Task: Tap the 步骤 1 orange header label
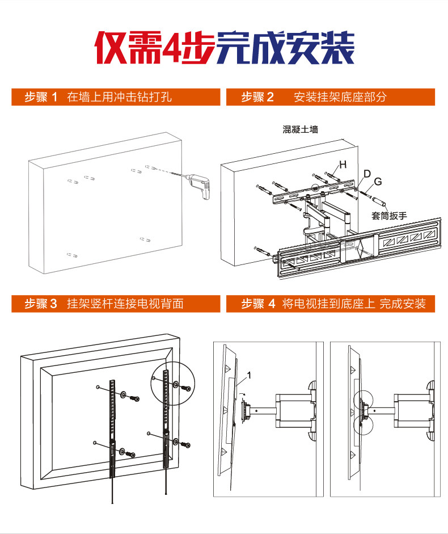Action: point(41,97)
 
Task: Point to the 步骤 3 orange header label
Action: point(41,304)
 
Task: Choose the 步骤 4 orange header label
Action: point(257,304)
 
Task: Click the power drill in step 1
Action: point(197,184)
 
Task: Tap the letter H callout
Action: point(343,165)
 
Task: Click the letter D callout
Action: point(366,174)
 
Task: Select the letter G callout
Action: point(378,182)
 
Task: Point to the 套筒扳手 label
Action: point(390,216)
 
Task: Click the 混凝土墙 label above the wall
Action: point(301,129)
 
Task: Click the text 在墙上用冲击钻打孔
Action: point(119,97)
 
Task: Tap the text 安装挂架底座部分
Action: point(340,97)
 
